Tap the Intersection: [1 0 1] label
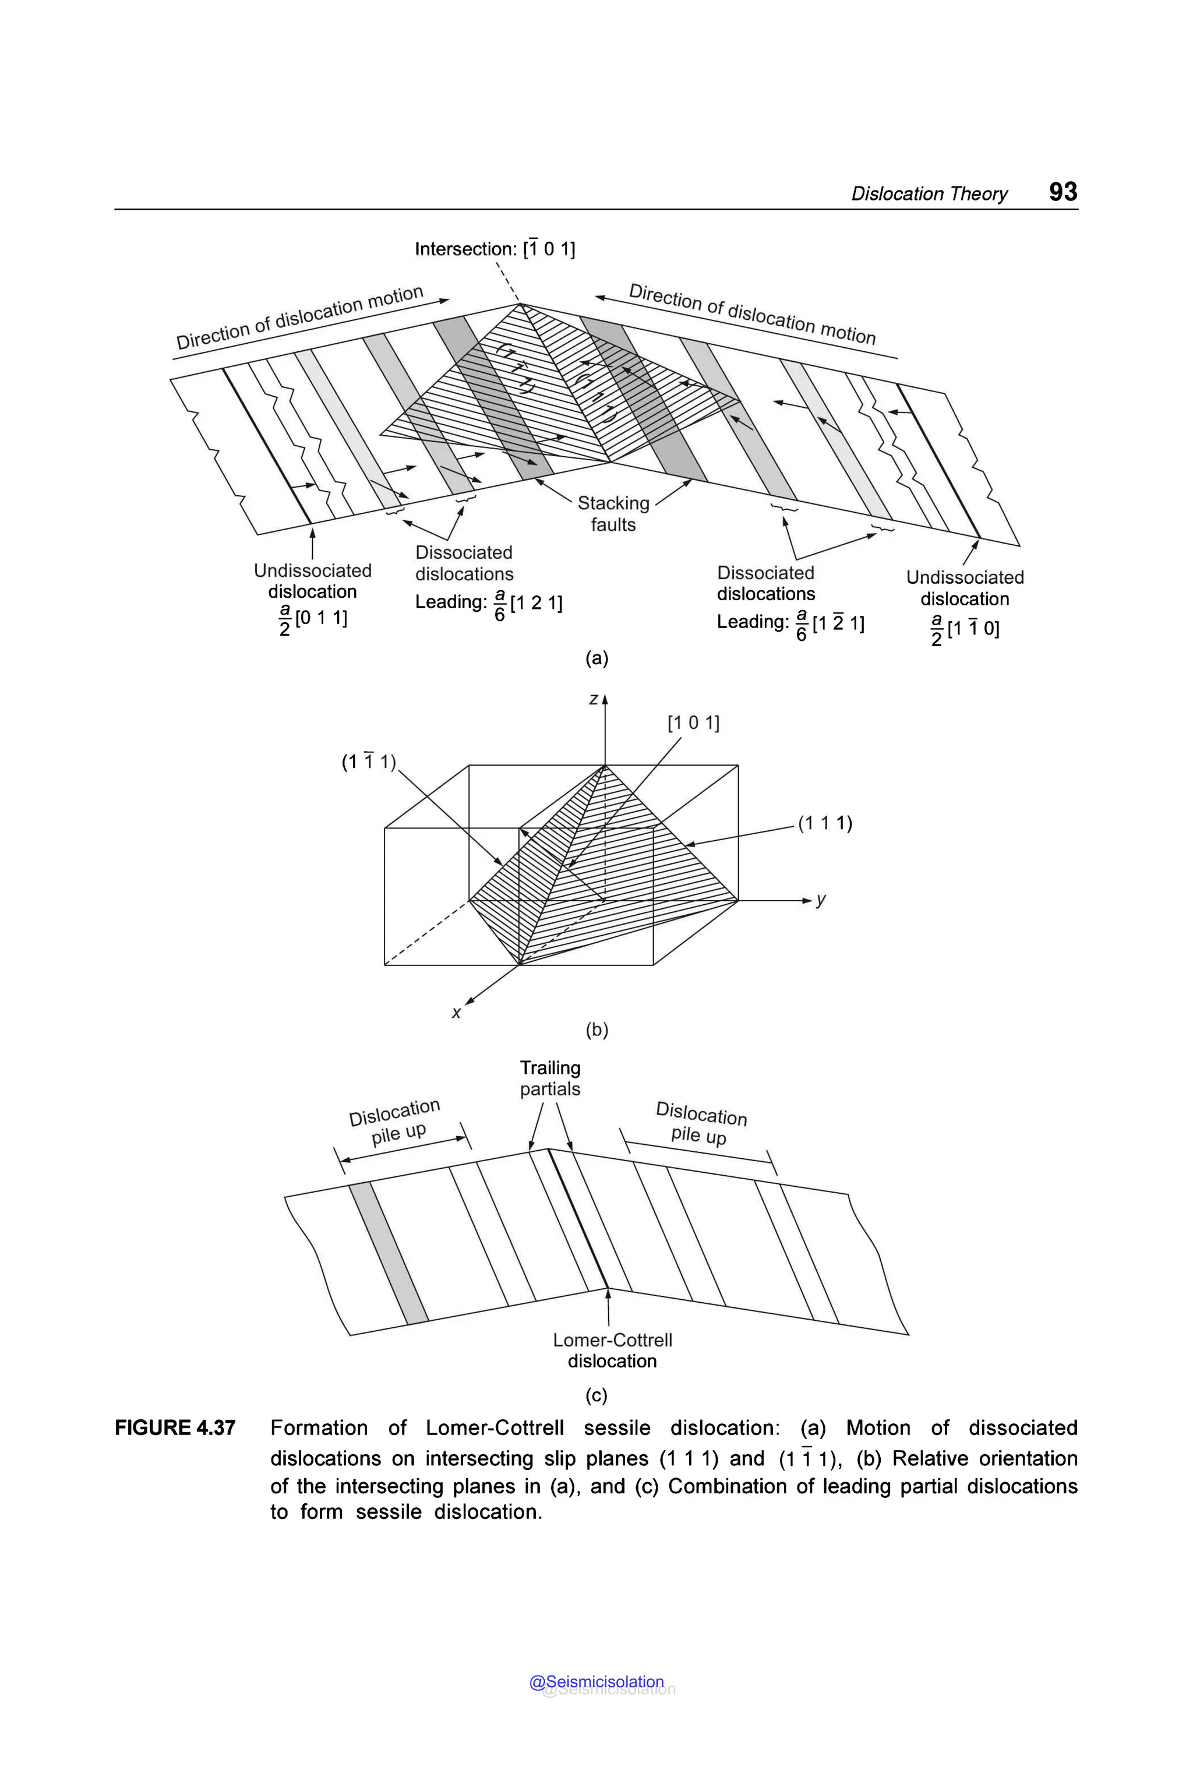click(x=495, y=249)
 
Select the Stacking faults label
click(x=613, y=514)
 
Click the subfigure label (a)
click(x=596, y=658)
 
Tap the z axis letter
click(x=594, y=699)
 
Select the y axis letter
click(x=821, y=900)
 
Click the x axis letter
click(x=457, y=1013)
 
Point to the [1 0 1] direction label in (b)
click(x=693, y=722)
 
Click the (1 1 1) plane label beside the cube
click(x=825, y=823)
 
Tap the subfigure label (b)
click(x=596, y=1029)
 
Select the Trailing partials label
click(x=550, y=1078)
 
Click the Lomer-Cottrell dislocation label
click(x=612, y=1350)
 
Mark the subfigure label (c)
click(x=596, y=1395)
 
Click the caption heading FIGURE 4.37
click(x=175, y=1427)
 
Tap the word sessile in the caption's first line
click(x=617, y=1427)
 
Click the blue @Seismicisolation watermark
click(x=596, y=1682)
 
